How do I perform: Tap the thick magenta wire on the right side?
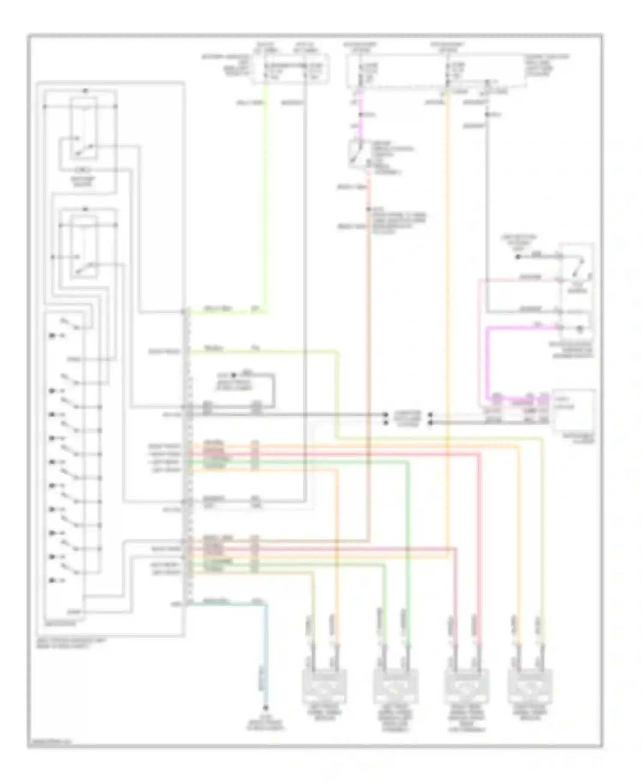tap(489, 359)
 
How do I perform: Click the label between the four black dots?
tap(407, 418)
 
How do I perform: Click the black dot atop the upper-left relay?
tap(85, 91)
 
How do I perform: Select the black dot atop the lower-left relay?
tap(85, 209)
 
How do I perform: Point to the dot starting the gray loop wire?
tap(234, 374)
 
